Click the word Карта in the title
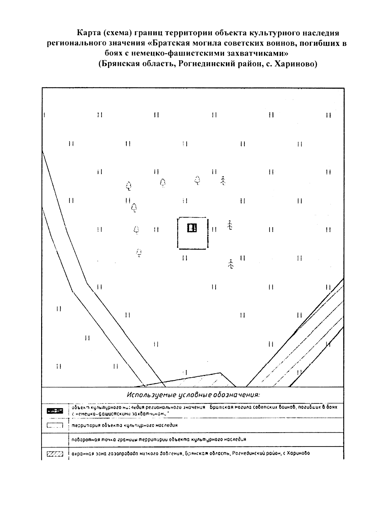[x=89, y=33]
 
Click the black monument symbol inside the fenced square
[x=192, y=227]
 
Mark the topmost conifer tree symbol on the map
[x=223, y=180]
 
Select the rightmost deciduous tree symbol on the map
[x=197, y=180]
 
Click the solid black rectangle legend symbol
[x=55, y=411]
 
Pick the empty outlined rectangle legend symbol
[x=55, y=425]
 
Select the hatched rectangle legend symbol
[x=55, y=454]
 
